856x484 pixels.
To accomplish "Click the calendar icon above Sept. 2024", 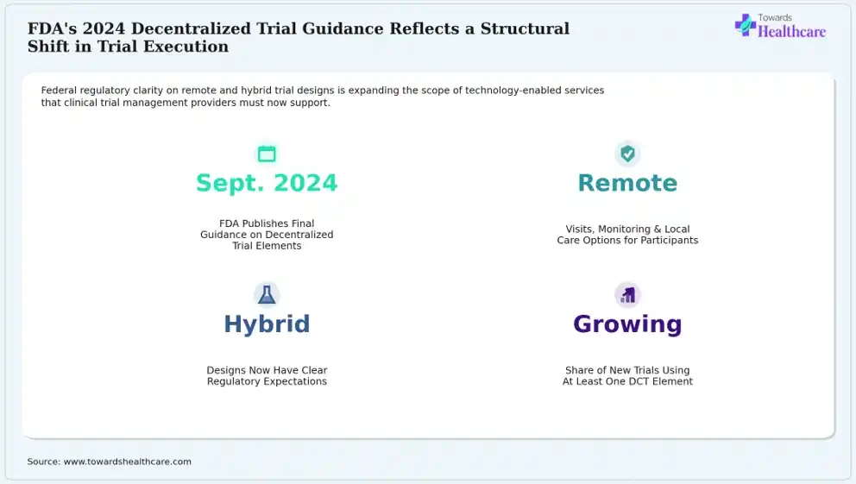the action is click(267, 154).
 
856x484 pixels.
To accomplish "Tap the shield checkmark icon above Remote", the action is click(628, 154).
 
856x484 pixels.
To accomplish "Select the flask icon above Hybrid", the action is click(267, 295).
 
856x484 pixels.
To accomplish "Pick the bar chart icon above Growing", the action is click(628, 295).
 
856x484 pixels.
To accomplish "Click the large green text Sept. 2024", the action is click(267, 184).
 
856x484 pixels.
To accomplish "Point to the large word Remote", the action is click(628, 183).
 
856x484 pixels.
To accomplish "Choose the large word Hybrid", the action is click(267, 324).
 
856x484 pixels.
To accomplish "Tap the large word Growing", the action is click(628, 324).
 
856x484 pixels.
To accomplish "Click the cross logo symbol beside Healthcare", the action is click(746, 25).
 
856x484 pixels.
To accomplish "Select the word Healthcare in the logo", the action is click(791, 32).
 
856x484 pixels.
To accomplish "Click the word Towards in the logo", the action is click(775, 17).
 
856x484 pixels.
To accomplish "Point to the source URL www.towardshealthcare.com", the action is click(128, 462).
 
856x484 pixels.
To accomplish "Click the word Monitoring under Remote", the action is click(626, 229).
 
